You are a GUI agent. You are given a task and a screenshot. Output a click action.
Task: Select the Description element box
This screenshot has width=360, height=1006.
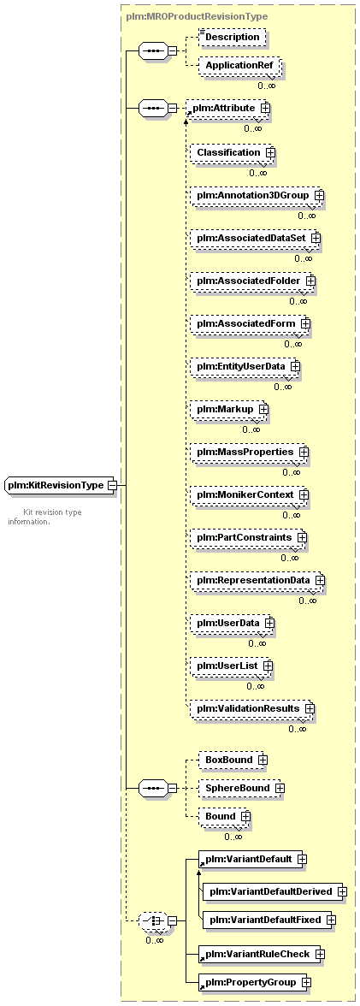[x=232, y=38]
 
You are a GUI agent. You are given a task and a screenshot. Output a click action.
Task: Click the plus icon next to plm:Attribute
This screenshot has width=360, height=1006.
[x=265, y=109]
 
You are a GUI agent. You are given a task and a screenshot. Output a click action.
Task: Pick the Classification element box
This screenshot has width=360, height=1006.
[x=233, y=152]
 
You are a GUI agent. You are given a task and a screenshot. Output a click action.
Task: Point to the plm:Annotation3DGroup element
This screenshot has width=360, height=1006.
[x=257, y=195]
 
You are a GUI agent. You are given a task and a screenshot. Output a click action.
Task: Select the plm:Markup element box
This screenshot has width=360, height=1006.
[x=229, y=409]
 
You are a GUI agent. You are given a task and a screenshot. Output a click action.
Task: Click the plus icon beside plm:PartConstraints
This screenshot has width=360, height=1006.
[x=301, y=537]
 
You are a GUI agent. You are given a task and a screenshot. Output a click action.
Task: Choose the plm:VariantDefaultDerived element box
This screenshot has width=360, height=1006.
[x=274, y=891]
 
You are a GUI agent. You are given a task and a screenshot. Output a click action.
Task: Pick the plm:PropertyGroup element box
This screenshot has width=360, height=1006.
[x=255, y=982]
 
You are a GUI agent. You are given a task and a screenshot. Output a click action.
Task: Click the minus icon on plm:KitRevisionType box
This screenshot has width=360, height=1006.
[x=112, y=486]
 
